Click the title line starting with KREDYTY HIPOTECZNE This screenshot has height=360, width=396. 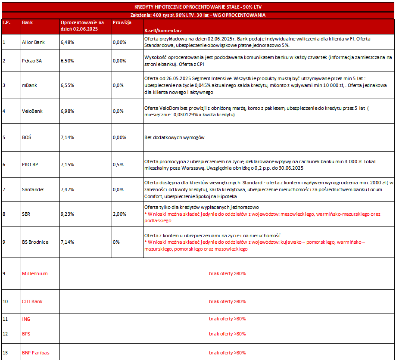tap(198, 7)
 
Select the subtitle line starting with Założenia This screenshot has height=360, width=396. tap(198, 15)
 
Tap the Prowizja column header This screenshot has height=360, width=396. tap(122, 22)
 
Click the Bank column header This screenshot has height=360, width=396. tap(27, 22)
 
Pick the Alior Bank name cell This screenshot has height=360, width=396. tap(33, 42)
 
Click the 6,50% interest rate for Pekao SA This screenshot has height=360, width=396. tap(67, 61)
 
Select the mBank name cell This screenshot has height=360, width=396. tap(29, 85)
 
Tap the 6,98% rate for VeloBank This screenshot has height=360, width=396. tap(67, 111)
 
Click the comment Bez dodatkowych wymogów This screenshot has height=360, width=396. tap(174, 138)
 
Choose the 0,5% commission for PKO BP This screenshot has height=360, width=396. tap(118, 164)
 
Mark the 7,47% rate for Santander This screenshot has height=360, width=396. tap(67, 189)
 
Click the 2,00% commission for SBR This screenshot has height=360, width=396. tap(119, 214)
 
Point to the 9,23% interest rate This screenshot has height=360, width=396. tap(67, 214)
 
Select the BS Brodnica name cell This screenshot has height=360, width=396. tap(35, 242)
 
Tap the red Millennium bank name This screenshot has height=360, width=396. tap(34, 273)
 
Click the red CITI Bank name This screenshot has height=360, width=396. tap(32, 301)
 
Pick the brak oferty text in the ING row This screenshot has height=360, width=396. tap(227, 319)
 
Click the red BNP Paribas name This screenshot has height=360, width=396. tap(35, 353)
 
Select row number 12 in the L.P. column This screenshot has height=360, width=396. tap(5, 334)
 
